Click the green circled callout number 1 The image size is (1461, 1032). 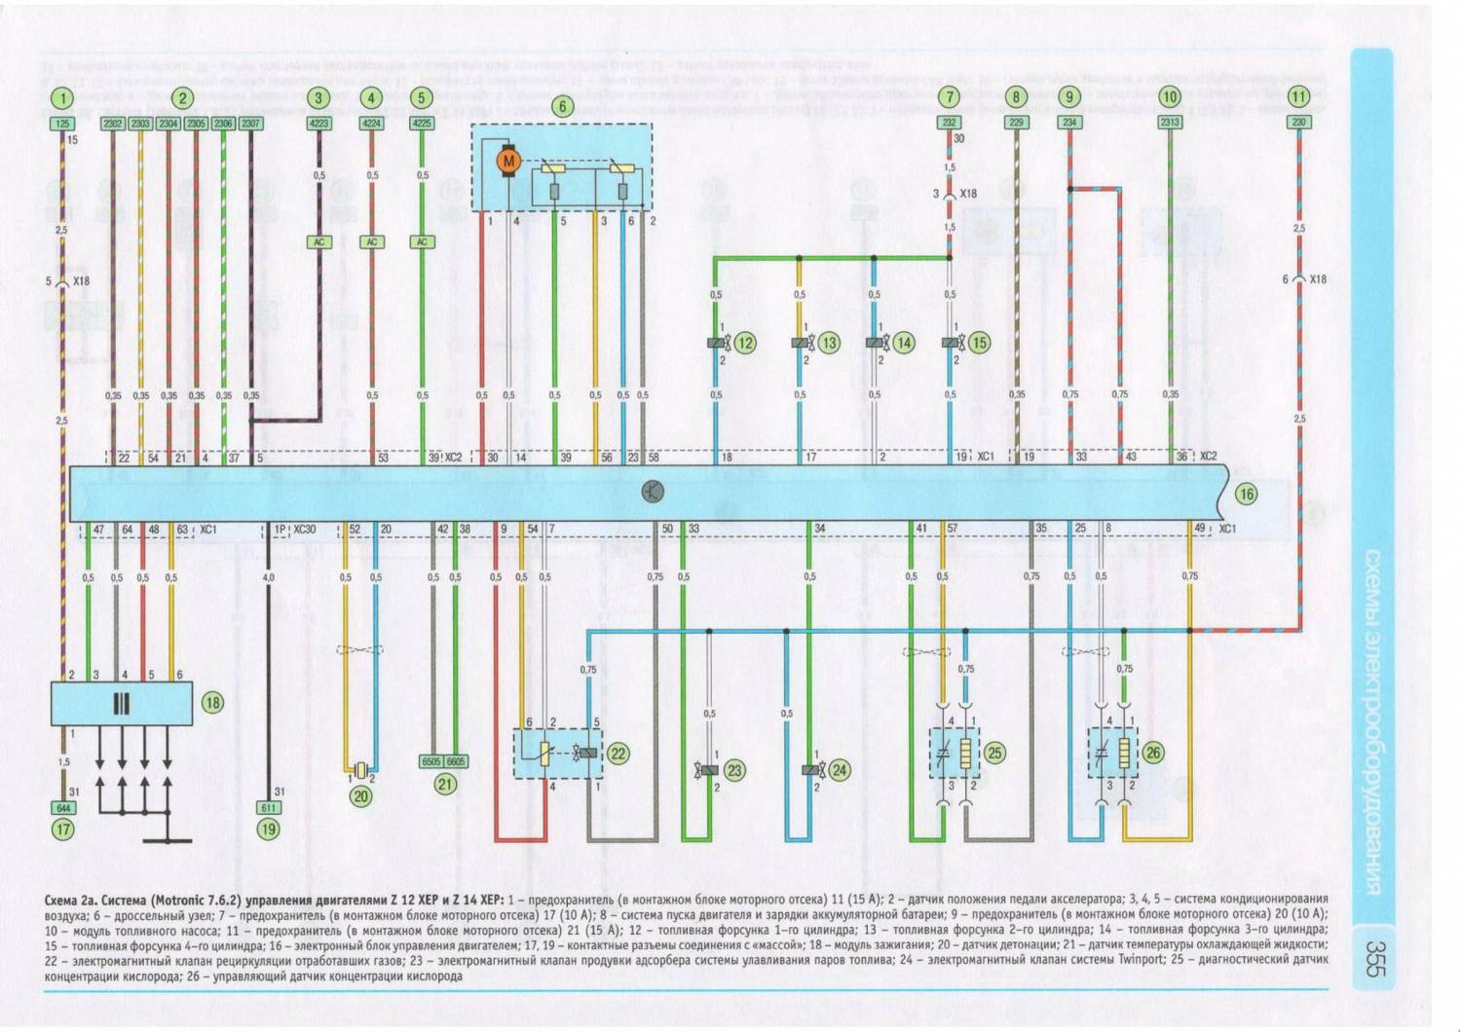(62, 97)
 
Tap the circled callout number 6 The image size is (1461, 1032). (562, 106)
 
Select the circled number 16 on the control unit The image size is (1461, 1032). (1246, 494)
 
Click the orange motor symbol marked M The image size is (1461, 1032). (507, 161)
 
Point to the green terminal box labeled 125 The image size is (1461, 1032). (62, 124)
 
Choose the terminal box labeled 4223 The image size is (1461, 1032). (318, 124)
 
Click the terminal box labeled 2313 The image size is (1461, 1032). (1170, 123)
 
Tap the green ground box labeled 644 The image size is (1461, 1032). (63, 808)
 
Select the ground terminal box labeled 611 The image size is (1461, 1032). (269, 808)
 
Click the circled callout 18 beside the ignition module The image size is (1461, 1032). (211, 702)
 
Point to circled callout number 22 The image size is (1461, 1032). (618, 754)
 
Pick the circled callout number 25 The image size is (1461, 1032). (993, 753)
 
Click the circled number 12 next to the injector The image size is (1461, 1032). (745, 343)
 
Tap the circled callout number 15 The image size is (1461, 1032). (979, 343)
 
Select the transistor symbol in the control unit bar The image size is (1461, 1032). (653, 492)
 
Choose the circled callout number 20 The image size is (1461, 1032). (360, 795)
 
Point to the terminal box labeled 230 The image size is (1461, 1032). (1298, 123)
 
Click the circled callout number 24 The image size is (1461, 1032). (840, 770)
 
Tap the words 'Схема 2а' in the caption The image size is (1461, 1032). (70, 900)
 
